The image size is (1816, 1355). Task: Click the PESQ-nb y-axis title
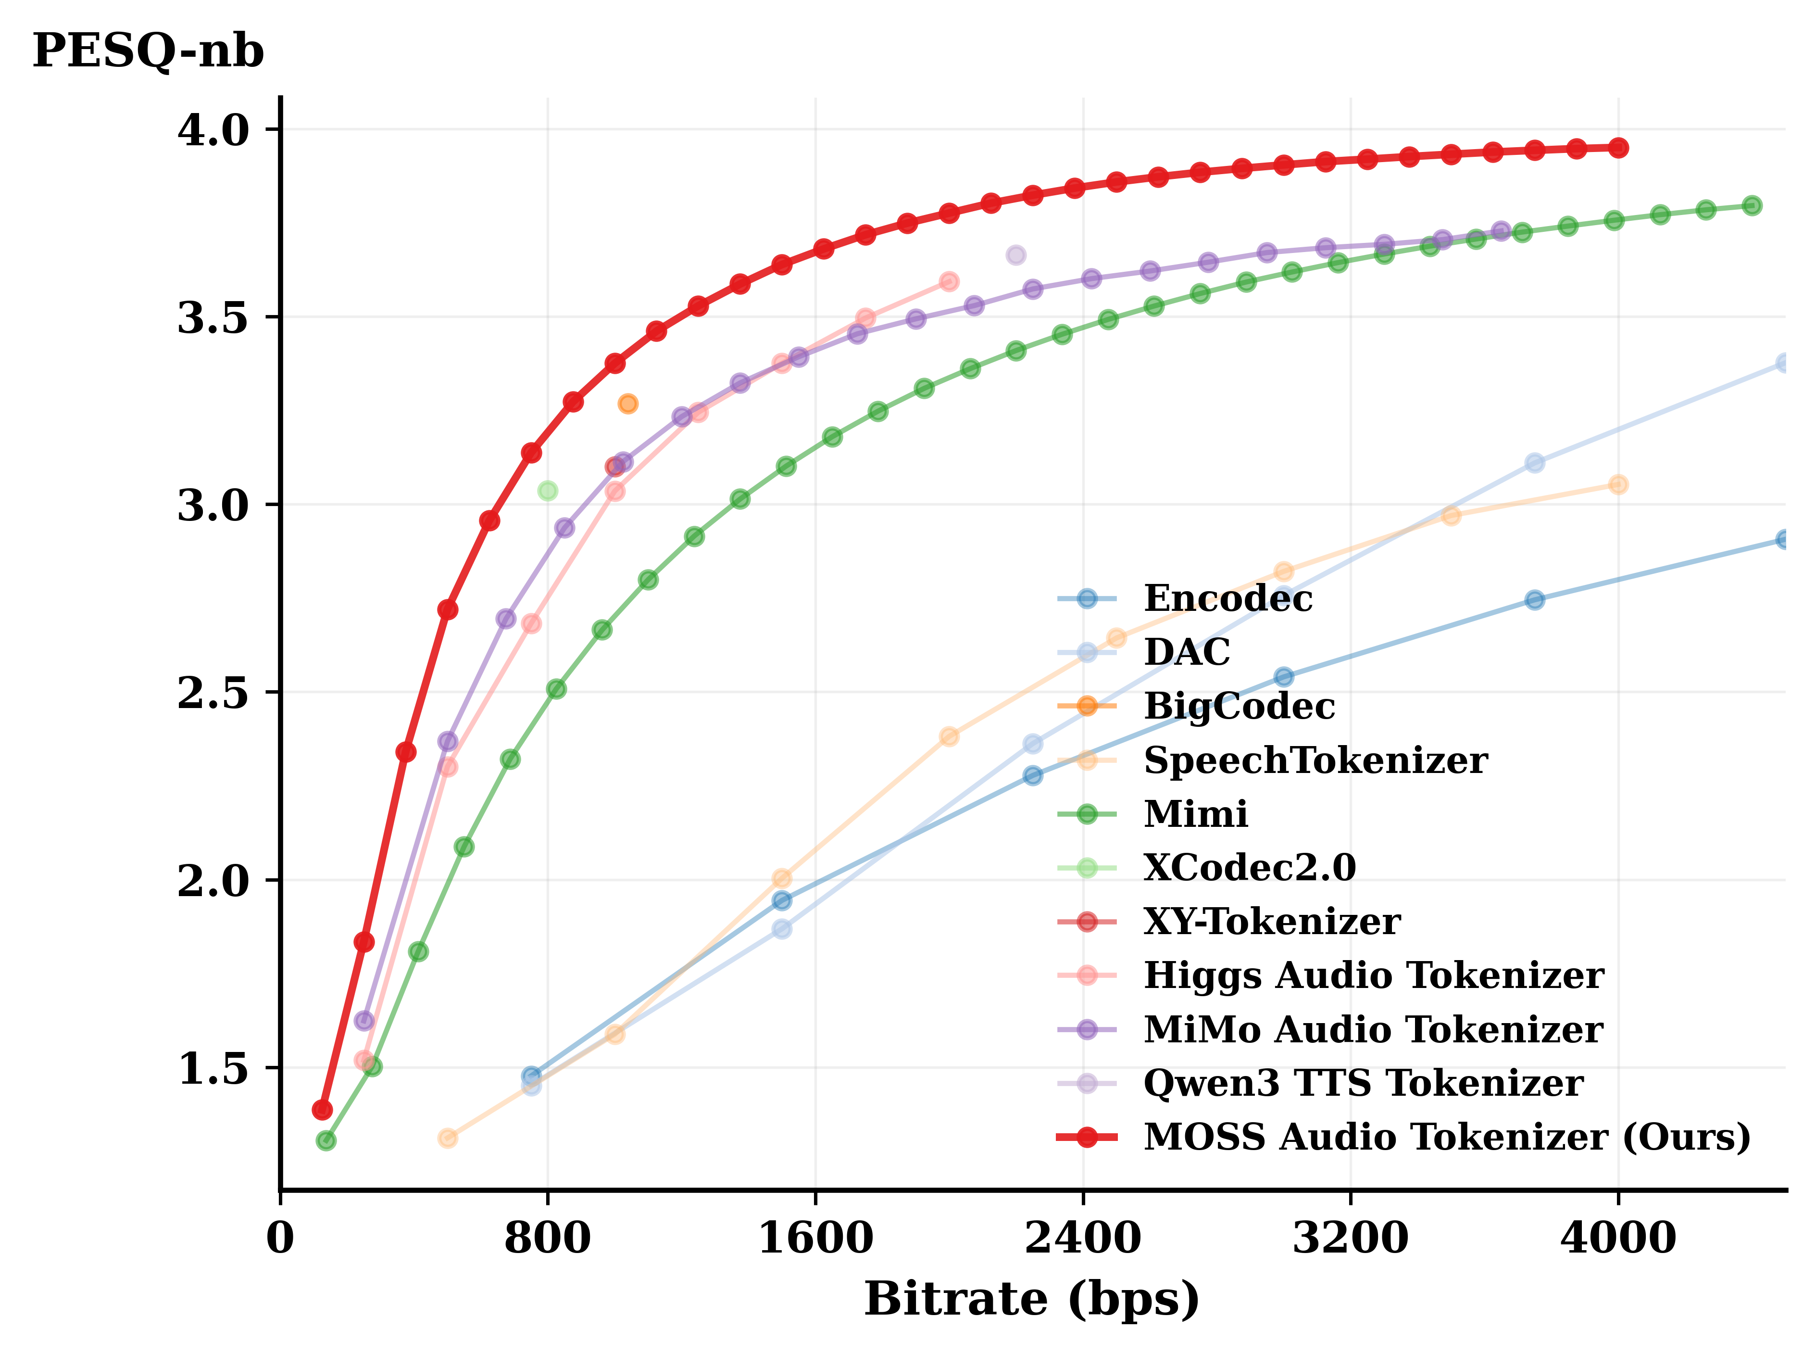148,51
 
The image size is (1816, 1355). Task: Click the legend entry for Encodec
1227,599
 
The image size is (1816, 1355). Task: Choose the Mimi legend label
1195,814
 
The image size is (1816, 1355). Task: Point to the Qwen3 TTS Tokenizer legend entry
1363,1083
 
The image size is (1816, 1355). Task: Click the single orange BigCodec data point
628,404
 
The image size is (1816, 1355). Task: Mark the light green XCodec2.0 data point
548,491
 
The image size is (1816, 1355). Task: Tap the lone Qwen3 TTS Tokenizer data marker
1016,255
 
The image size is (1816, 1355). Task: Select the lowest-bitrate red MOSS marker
322,1110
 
